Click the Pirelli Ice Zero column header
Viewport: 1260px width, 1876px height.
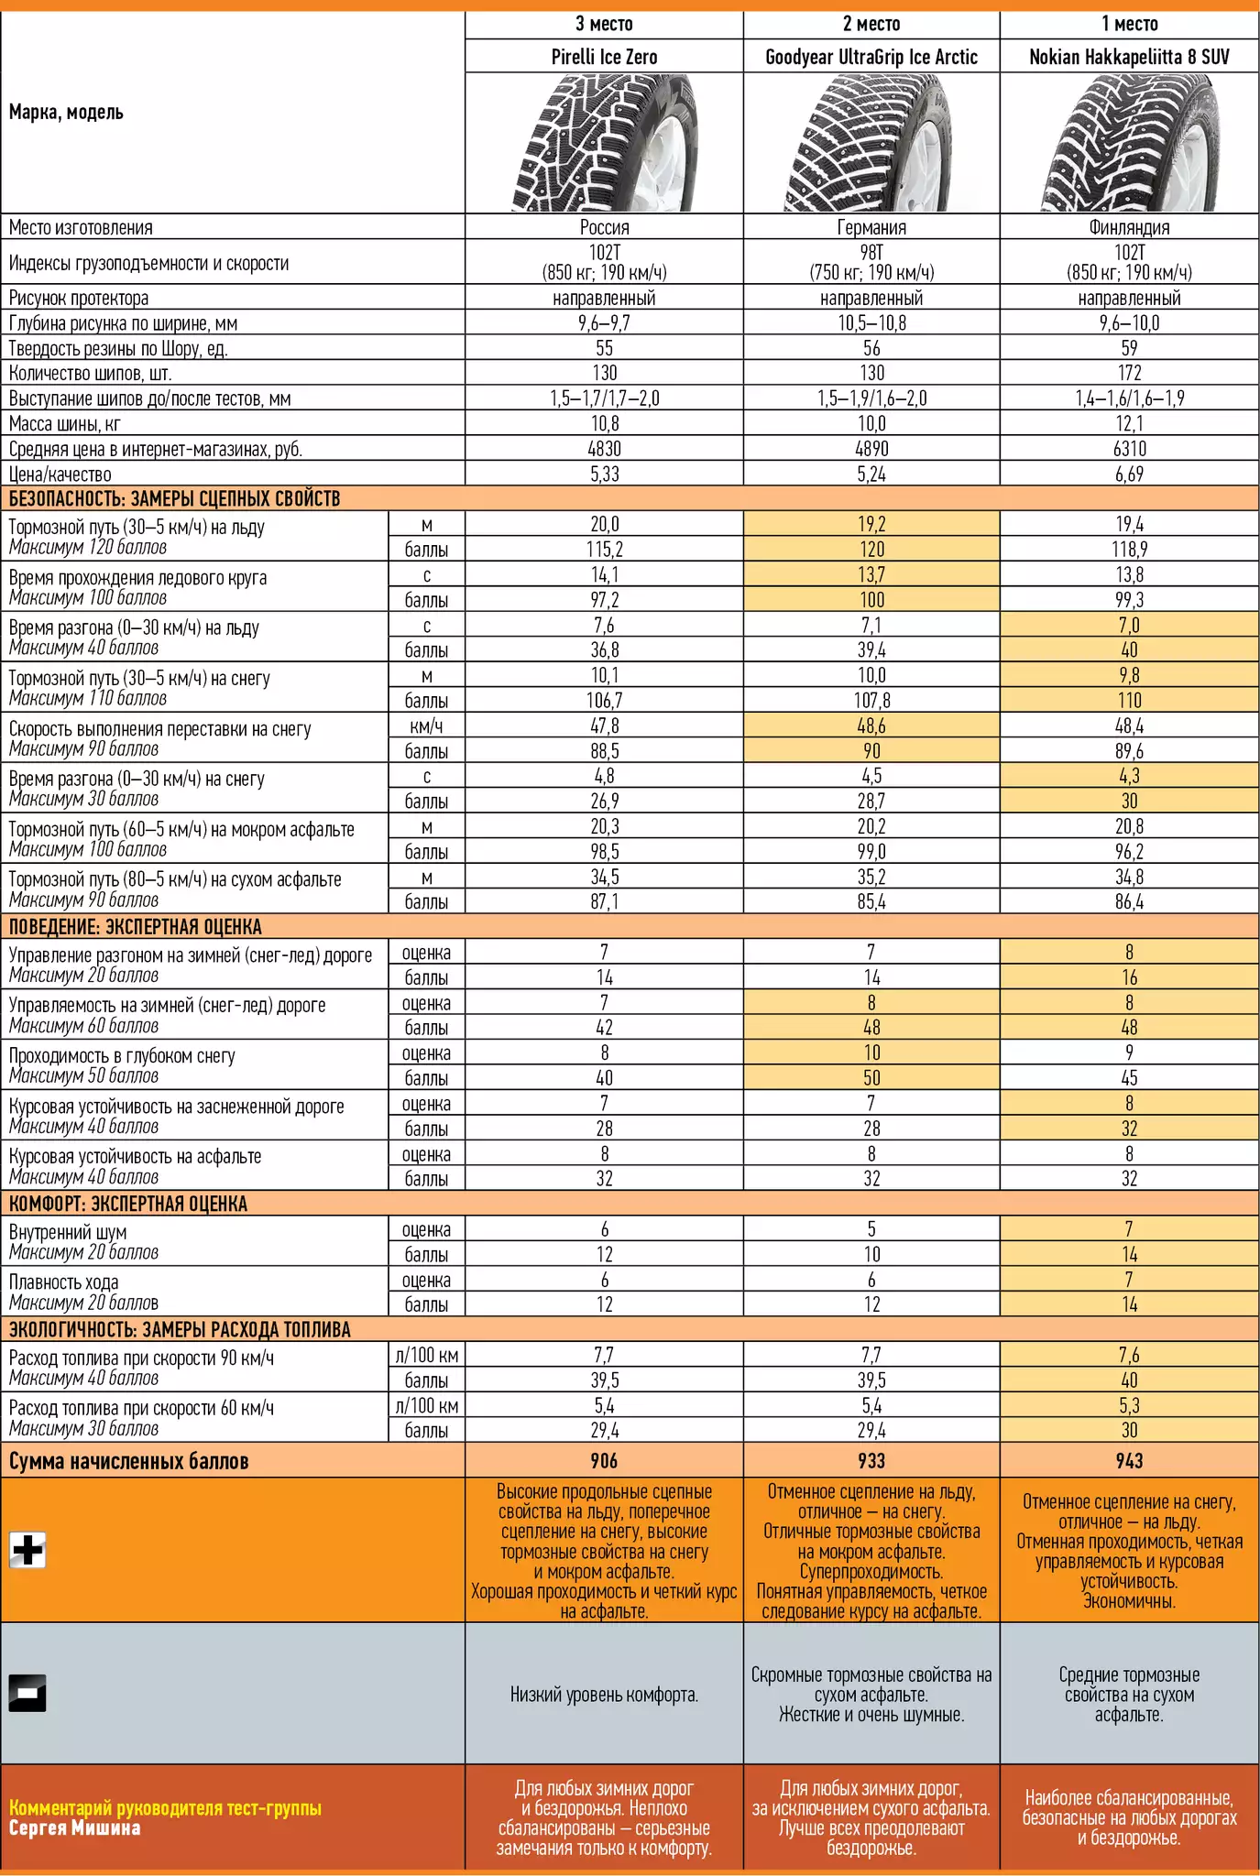604,57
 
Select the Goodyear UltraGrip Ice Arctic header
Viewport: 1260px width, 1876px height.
871,57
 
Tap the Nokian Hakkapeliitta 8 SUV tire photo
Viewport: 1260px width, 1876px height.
1129,143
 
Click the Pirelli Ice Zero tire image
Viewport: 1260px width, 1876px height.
604,143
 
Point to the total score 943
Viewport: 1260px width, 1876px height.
1129,1461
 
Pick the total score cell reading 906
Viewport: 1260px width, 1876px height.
604,1461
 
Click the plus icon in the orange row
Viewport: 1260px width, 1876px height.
27,1550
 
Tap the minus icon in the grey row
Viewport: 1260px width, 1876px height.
27,1693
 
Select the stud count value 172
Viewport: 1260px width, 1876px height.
1129,373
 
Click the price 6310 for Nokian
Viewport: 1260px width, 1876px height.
1129,449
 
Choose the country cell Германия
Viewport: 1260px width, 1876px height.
871,227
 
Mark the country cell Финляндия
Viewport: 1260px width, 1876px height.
1129,227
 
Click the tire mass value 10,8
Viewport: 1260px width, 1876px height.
604,423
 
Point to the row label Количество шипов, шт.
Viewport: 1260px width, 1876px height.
91,373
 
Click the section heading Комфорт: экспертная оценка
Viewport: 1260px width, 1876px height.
128,1204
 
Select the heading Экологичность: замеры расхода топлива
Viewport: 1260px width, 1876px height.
180,1329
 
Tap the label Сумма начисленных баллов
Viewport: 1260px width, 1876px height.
128,1461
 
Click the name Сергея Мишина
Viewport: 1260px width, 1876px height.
75,1828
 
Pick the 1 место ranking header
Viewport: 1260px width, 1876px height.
1129,24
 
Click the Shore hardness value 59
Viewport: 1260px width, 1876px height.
1129,348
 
